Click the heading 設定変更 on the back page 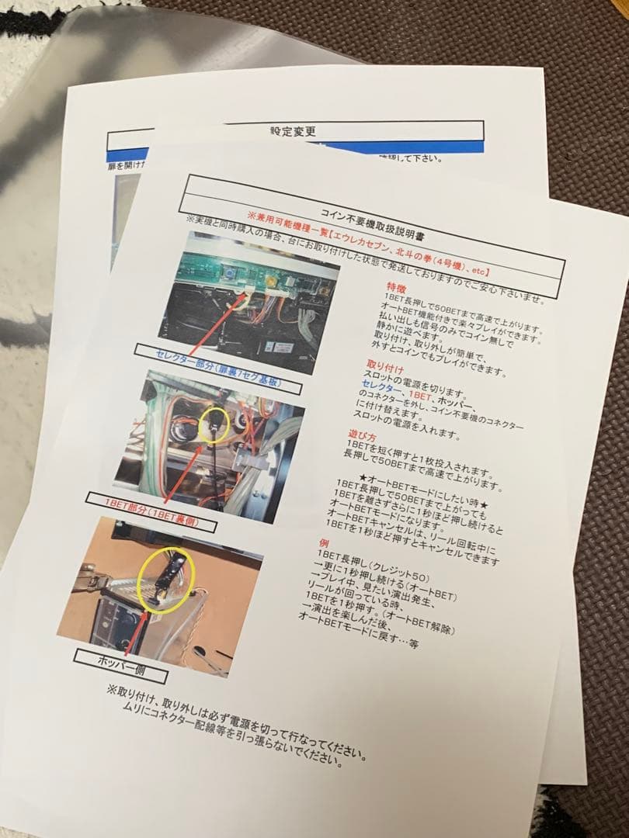click(x=294, y=131)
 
